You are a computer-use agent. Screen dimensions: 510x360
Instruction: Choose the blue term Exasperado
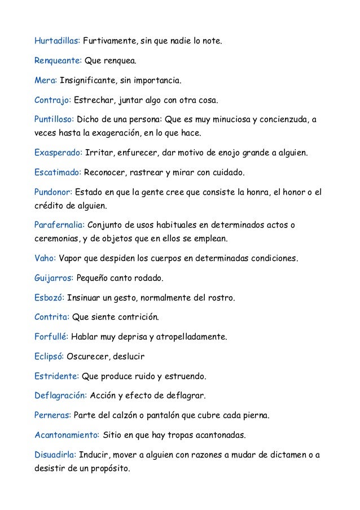click(58, 153)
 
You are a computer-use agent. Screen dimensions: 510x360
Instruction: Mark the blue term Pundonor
click(53, 192)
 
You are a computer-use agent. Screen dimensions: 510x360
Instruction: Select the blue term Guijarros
click(54, 278)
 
